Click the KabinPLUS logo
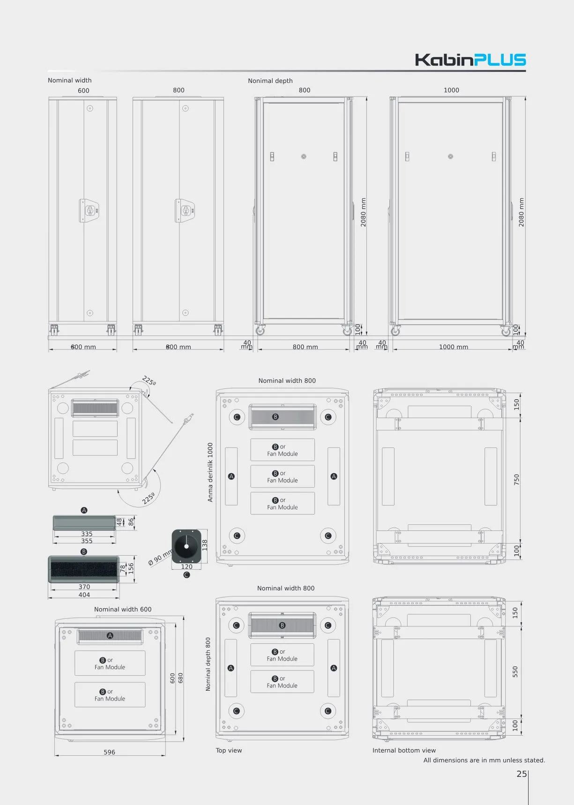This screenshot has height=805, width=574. (470, 60)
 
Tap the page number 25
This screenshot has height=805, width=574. (522, 774)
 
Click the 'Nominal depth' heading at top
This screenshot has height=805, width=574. (270, 81)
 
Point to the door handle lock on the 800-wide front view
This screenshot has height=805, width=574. (185, 210)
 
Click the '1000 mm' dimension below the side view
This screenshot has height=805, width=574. (453, 347)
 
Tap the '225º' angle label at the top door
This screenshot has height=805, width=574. (149, 381)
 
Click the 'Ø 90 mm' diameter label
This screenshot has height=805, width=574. (160, 558)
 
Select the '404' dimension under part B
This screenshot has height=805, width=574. (84, 595)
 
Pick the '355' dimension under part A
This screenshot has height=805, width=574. (87, 541)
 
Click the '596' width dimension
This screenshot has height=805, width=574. (109, 752)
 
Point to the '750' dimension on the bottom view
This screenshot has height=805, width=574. (516, 479)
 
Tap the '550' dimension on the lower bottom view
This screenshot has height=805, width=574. (515, 671)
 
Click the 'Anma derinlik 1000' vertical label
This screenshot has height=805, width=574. (210, 472)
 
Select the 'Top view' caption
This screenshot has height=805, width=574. (229, 750)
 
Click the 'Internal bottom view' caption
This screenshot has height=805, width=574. (404, 750)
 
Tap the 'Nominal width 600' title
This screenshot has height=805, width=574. (123, 609)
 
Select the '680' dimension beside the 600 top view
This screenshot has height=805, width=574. (180, 678)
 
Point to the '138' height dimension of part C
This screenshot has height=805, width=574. (204, 545)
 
